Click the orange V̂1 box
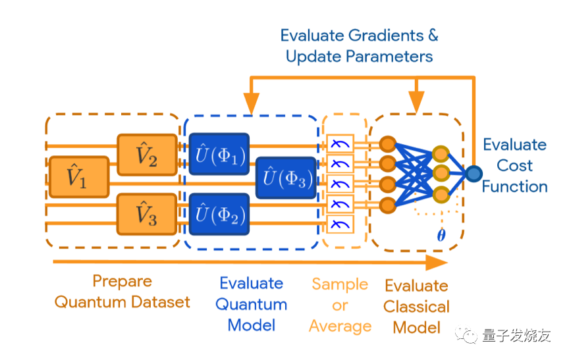tap(79, 177)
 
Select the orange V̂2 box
tap(148, 155)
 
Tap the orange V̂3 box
tap(148, 214)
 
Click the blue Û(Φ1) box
tap(219, 154)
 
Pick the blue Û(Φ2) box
tap(219, 214)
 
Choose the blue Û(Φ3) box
tap(286, 178)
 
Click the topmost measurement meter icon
tap(340, 144)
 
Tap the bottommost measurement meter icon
tap(340, 224)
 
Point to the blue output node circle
tap(474, 174)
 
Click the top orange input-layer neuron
tap(387, 144)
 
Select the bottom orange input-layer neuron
tap(387, 205)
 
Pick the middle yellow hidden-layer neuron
tap(441, 174)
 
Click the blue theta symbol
tap(441, 236)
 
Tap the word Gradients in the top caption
tap(386, 36)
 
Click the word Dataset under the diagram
tap(161, 301)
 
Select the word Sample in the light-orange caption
tap(340, 284)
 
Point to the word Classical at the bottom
tap(417, 307)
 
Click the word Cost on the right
tap(514, 166)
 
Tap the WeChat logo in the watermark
tap(466, 334)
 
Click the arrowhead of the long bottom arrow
tap(437, 262)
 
